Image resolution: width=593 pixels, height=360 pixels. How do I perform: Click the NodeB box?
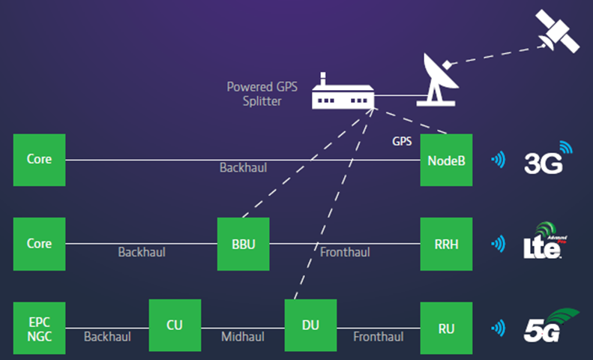[446, 160]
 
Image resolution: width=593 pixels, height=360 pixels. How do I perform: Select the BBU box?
[243, 244]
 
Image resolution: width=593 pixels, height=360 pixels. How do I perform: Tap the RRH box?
[446, 244]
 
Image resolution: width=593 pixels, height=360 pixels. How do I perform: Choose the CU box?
[175, 325]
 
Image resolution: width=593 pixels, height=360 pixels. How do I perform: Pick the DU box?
[310, 325]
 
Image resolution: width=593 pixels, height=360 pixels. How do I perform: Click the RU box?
[446, 328]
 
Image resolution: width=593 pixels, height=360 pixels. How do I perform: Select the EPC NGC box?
[39, 328]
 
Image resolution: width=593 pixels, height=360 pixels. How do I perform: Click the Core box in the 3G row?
[39, 160]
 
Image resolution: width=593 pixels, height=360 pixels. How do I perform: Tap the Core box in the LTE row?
[39, 244]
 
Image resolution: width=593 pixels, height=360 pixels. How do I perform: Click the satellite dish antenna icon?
[439, 81]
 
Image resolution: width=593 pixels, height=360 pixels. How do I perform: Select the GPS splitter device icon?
[343, 91]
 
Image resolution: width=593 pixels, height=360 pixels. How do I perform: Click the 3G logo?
[548, 159]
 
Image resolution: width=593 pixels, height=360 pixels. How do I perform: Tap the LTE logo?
[544, 241]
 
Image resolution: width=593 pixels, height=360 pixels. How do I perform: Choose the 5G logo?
[550, 326]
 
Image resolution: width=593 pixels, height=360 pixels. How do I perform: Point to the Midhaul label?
[243, 337]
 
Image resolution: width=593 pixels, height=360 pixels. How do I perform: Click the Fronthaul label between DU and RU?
[378, 337]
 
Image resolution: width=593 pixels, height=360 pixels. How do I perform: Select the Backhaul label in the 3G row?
[243, 167]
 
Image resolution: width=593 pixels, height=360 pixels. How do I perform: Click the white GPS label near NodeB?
[402, 142]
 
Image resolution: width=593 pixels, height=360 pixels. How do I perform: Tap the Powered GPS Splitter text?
[262, 94]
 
